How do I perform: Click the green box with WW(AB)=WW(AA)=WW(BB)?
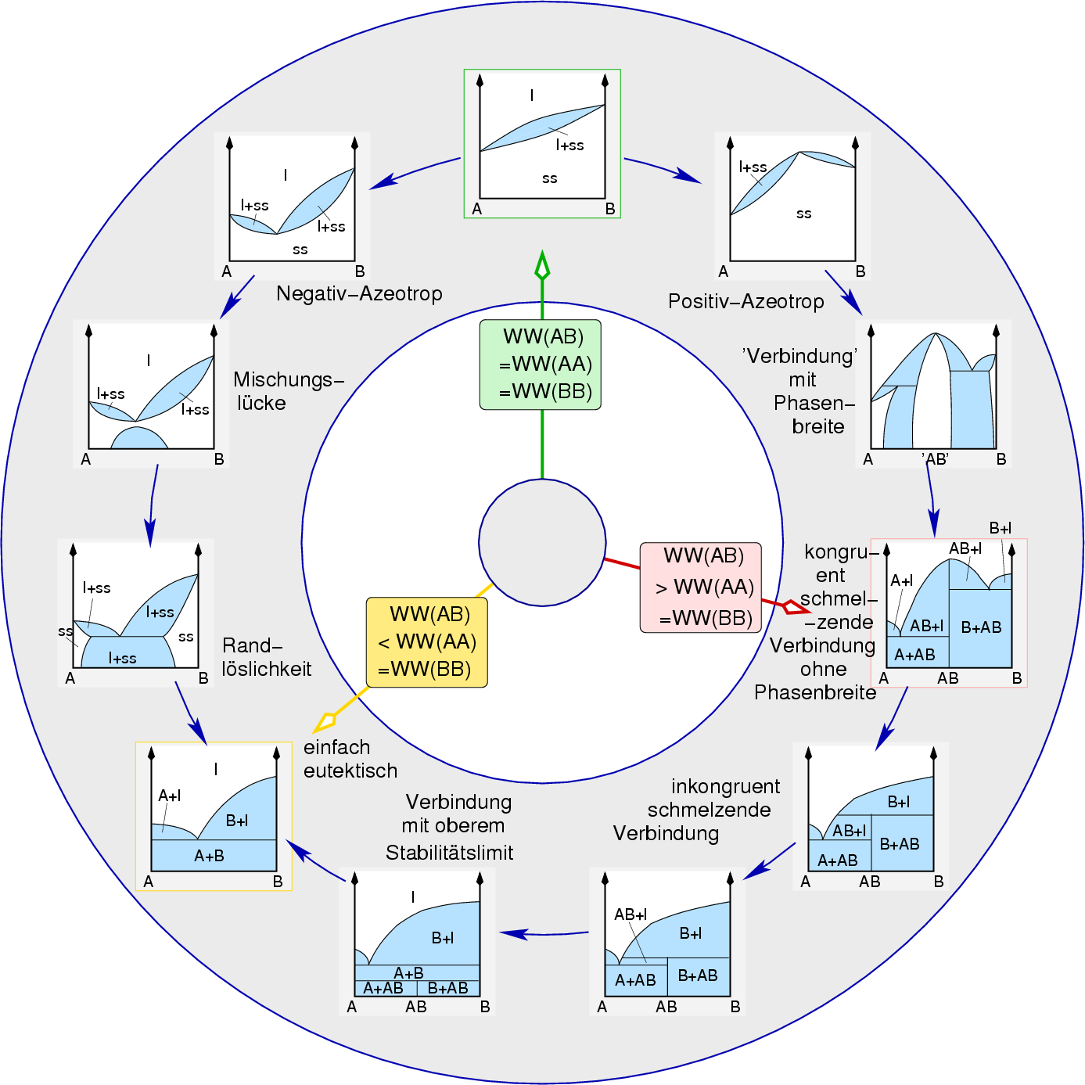pyautogui.click(x=541, y=365)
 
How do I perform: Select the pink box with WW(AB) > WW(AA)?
pyautogui.click(x=700, y=587)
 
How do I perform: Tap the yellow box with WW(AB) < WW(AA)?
pyautogui.click(x=427, y=642)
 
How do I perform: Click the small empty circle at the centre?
pyautogui.click(x=542, y=542)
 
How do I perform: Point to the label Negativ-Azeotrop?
pyautogui.click(x=359, y=294)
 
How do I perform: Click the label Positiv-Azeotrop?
pyautogui.click(x=745, y=302)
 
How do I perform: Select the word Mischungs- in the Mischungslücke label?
pyautogui.click(x=289, y=380)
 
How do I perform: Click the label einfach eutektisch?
pyautogui.click(x=350, y=759)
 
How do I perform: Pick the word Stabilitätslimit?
pyautogui.click(x=449, y=853)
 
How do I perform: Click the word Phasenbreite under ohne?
pyautogui.click(x=814, y=693)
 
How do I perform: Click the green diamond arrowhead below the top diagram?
pyautogui.click(x=542, y=266)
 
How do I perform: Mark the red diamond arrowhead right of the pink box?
pyautogui.click(x=795, y=606)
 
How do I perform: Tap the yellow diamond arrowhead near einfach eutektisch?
pyautogui.click(x=325, y=720)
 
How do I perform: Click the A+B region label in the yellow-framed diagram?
pyautogui.click(x=209, y=857)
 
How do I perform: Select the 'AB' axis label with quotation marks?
pyautogui.click(x=935, y=459)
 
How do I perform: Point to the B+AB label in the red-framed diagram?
pyautogui.click(x=981, y=627)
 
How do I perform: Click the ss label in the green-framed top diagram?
pyautogui.click(x=549, y=179)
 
